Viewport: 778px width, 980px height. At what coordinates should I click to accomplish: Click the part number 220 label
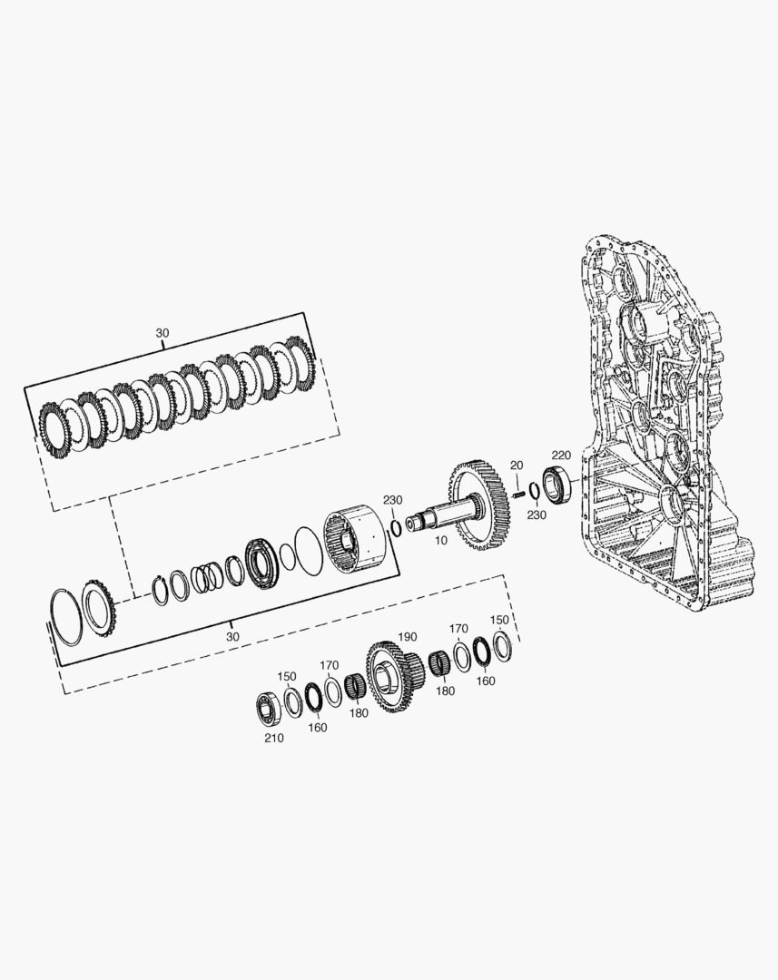point(561,455)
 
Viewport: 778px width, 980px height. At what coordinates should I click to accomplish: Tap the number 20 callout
point(516,465)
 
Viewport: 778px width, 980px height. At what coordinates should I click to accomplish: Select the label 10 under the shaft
point(441,541)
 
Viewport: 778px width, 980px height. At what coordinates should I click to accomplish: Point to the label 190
point(407,637)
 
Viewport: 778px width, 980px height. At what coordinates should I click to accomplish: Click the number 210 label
point(273,738)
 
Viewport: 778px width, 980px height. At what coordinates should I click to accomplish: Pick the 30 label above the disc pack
point(162,333)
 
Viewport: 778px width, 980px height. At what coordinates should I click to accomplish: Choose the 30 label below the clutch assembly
point(232,637)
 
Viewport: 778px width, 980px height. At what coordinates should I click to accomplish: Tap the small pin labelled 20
point(517,493)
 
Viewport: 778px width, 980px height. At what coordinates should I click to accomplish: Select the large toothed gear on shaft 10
point(479,505)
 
